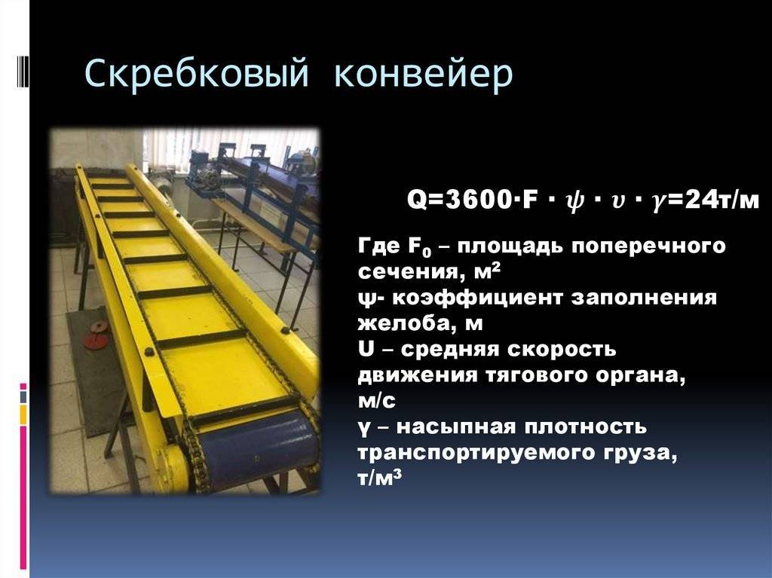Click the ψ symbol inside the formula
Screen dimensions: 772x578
click(574, 202)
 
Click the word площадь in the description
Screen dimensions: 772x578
click(510, 246)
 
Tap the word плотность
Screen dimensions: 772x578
click(585, 427)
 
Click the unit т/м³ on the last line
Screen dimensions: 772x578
click(380, 478)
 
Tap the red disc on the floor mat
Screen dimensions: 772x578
click(98, 335)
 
